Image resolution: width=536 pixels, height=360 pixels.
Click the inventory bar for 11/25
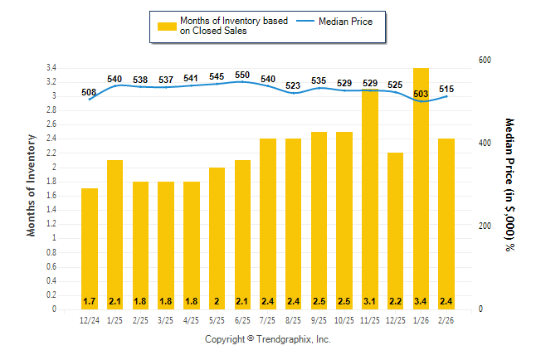pyautogui.click(x=370, y=199)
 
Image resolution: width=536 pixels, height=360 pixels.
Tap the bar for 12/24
pyautogui.click(x=90, y=249)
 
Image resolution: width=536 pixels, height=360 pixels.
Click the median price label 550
pyautogui.click(x=242, y=75)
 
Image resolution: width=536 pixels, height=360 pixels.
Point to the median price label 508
pyautogui.click(x=90, y=92)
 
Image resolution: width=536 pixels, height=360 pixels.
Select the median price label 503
pyautogui.click(x=421, y=95)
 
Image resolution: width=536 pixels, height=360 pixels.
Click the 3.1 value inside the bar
pyautogui.click(x=370, y=300)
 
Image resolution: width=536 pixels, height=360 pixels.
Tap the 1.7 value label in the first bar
pyautogui.click(x=90, y=300)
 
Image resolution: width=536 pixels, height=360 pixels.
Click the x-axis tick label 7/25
pyautogui.click(x=268, y=320)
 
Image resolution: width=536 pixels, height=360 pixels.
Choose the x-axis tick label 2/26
pyautogui.click(x=447, y=320)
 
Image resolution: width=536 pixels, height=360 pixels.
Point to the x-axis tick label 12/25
pyautogui.click(x=396, y=320)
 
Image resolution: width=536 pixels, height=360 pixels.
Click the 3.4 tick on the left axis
pyautogui.click(x=51, y=67)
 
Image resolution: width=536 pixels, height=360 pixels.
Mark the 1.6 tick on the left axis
pyautogui.click(x=51, y=195)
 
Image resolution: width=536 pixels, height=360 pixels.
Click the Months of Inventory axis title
pyautogui.click(x=32, y=184)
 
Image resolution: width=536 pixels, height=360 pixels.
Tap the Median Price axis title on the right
pyautogui.click(x=509, y=184)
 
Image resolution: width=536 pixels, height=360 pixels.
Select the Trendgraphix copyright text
pyautogui.click(x=268, y=339)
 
